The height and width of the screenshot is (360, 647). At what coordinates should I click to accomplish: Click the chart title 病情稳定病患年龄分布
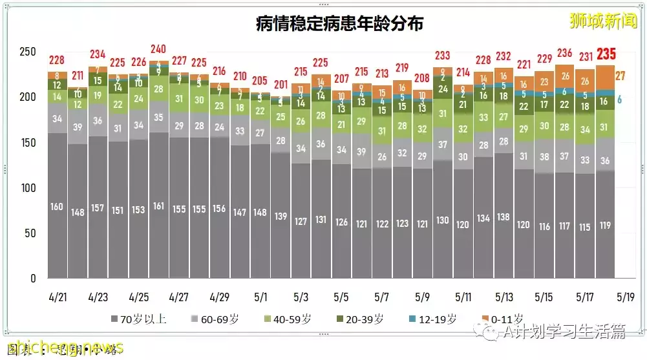339,25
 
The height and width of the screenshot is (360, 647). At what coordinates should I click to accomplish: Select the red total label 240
158,49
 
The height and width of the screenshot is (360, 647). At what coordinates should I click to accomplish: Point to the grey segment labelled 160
58,207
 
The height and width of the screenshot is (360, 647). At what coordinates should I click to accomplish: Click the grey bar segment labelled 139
281,216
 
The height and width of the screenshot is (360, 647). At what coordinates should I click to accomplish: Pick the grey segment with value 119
606,226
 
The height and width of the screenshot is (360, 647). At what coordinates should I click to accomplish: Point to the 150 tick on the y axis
28,143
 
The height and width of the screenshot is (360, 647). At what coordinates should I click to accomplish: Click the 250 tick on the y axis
28,52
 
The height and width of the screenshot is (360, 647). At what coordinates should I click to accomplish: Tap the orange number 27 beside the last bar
620,76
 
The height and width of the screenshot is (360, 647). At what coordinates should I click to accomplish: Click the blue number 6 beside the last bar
619,100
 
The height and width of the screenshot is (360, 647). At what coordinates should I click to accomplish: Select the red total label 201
281,85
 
